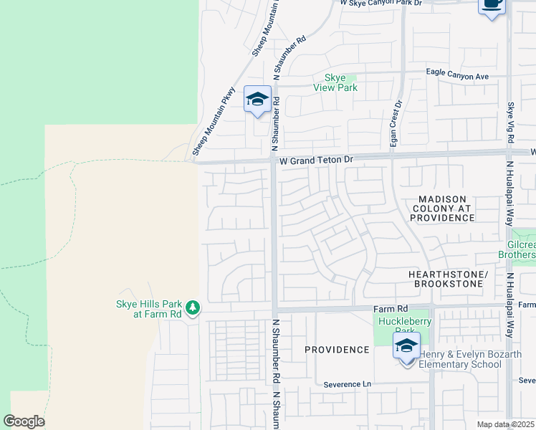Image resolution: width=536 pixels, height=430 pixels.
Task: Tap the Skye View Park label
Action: (x=335, y=83)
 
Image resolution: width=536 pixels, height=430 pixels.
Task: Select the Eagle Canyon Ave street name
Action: (x=457, y=75)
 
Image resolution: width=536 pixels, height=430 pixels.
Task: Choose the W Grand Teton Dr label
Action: (x=317, y=161)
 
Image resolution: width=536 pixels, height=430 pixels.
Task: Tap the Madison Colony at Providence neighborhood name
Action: (x=441, y=208)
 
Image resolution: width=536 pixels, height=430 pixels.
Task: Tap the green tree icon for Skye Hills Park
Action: (x=192, y=308)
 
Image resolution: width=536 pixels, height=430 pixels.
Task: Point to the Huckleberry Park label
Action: (x=405, y=326)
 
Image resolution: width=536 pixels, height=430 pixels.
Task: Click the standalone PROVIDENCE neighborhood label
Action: (x=337, y=350)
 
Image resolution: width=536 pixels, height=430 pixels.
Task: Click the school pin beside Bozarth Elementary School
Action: (x=406, y=348)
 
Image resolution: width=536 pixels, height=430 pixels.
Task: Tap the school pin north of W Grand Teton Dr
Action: (x=257, y=100)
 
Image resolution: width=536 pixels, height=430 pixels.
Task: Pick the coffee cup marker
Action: (x=492, y=4)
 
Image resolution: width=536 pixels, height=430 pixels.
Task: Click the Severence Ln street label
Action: (x=348, y=384)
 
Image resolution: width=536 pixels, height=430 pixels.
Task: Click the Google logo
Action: (x=24, y=421)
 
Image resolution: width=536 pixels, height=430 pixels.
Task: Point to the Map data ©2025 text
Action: (x=506, y=424)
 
